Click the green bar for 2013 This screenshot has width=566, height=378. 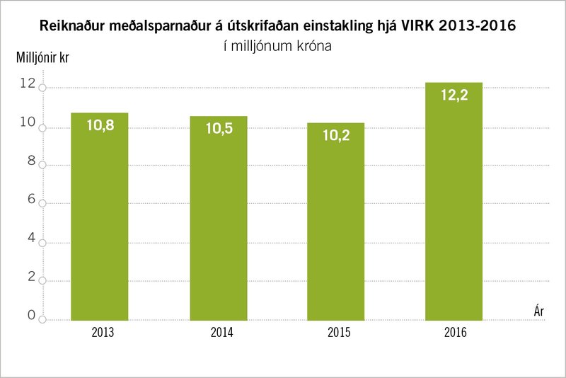point(100,216)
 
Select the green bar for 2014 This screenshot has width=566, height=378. point(219,218)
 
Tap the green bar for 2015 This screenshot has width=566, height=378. point(335,221)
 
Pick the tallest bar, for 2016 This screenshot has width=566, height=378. point(453,201)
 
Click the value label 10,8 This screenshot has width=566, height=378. point(100,126)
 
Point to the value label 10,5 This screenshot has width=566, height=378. point(219,129)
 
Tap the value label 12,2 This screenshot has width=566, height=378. point(454,96)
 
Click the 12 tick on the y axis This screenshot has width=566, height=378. point(29,84)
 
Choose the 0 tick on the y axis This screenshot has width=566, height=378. point(30,316)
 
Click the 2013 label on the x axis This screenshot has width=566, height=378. point(100,331)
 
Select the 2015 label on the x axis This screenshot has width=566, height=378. point(335,331)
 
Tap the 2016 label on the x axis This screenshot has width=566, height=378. point(453,331)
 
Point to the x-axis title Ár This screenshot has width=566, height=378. point(539,310)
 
